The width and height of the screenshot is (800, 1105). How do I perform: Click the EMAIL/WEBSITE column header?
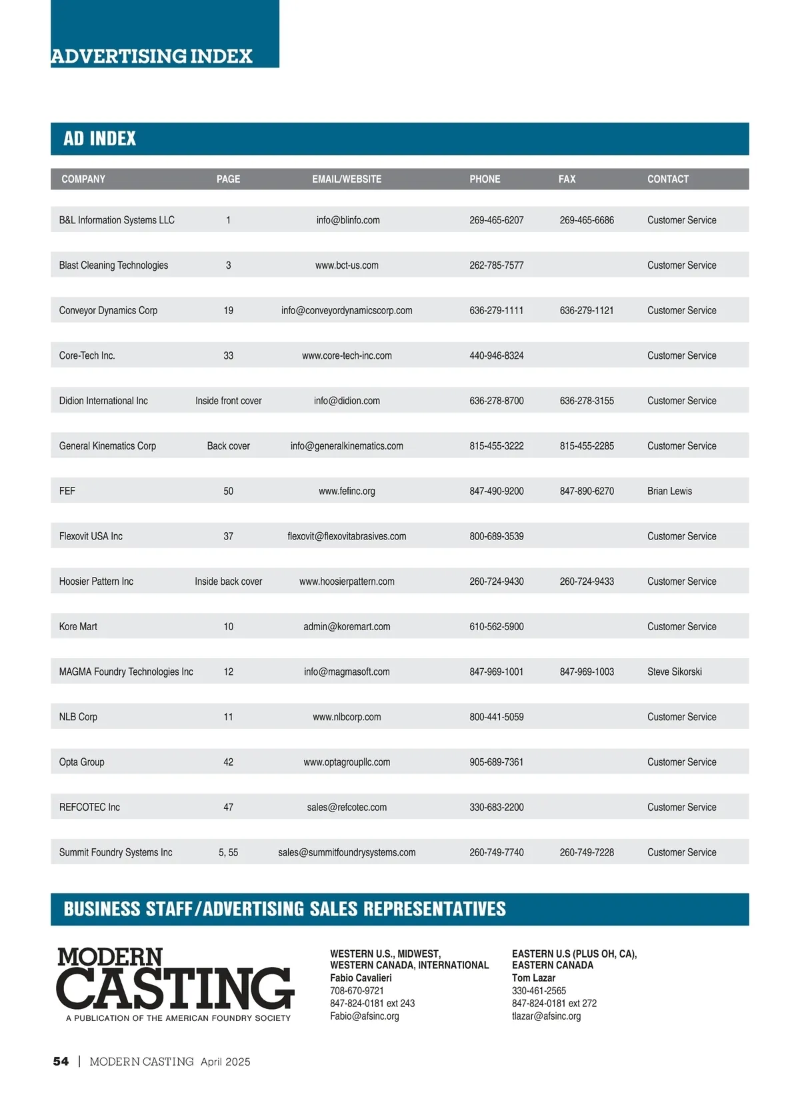tap(347, 179)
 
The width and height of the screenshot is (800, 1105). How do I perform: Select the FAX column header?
tap(567, 179)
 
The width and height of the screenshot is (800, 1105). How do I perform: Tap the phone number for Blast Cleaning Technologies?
tap(496, 265)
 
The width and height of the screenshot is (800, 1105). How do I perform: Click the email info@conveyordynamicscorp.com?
tap(347, 311)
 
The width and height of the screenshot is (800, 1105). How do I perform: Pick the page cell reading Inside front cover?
tap(228, 401)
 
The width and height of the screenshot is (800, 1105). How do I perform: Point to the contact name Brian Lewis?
tap(669, 491)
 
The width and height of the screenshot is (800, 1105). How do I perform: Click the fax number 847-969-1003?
tap(587, 672)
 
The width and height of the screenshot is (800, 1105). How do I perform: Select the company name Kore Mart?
tap(78, 627)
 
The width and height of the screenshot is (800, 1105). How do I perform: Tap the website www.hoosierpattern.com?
tap(347, 582)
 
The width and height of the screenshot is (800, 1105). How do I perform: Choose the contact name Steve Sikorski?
tap(674, 672)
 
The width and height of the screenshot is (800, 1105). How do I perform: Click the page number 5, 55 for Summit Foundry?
tap(228, 853)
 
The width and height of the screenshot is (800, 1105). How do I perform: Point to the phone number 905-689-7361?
tap(496, 762)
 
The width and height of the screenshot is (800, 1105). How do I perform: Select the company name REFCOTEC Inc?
tap(89, 808)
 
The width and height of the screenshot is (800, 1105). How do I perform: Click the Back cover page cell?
tap(228, 446)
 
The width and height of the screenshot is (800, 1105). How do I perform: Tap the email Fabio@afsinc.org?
tap(364, 1016)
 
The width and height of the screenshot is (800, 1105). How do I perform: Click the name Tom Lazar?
tap(533, 978)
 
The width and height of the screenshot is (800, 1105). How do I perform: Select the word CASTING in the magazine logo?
tap(175, 988)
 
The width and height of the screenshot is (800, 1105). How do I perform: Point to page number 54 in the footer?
tap(61, 1062)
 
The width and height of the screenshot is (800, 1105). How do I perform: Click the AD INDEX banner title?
tap(100, 139)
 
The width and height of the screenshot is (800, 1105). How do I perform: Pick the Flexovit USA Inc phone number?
tap(496, 537)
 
